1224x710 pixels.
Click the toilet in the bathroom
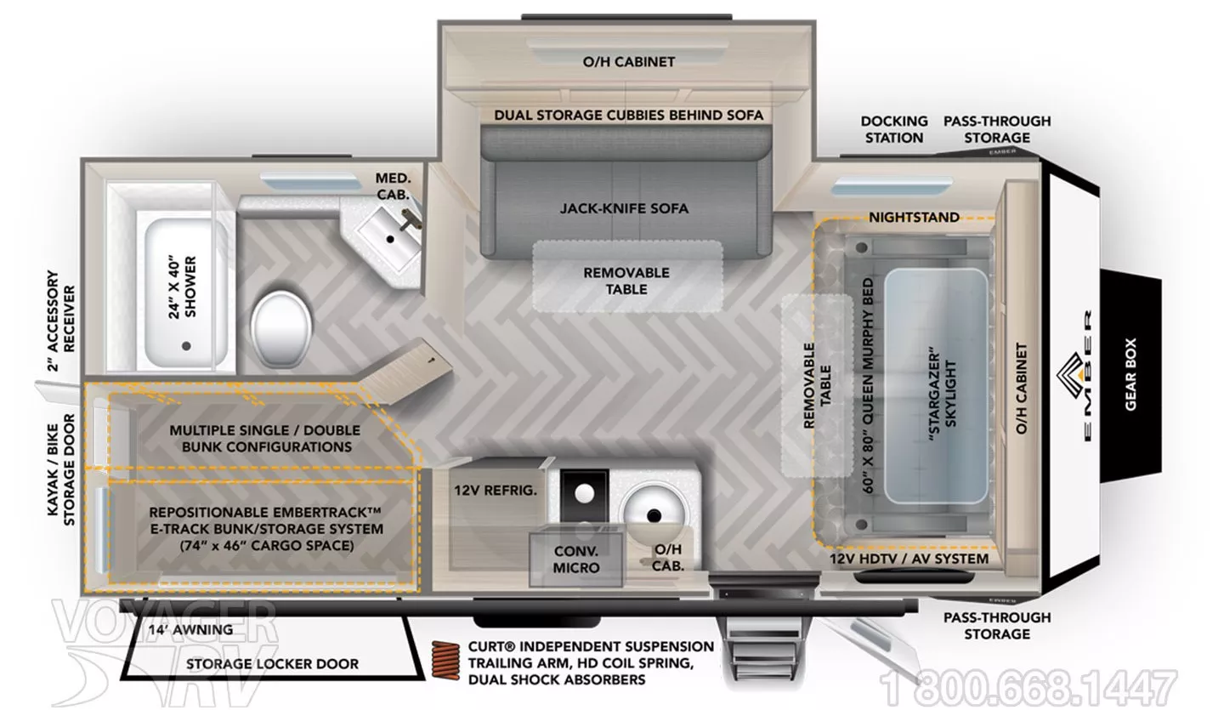coord(282,329)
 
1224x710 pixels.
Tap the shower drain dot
coord(186,346)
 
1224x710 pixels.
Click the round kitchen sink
coord(654,514)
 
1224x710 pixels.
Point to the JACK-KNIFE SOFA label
coord(624,208)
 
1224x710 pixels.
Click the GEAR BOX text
coord(1130,374)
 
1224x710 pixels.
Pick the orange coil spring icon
coord(446,660)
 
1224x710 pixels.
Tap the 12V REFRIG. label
coord(496,491)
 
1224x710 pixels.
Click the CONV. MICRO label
coord(576,559)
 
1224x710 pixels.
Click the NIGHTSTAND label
coord(915,217)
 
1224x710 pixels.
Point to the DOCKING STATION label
coord(894,129)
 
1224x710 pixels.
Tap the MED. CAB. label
coord(393,186)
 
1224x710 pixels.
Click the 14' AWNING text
coord(190,630)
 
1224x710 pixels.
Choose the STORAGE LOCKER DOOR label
coord(272,663)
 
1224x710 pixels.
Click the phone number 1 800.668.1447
coord(1028,688)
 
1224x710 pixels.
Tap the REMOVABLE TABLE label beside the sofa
coord(626,281)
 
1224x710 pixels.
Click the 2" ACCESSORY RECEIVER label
coord(60,321)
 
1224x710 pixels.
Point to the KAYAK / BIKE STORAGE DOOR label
coord(60,469)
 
